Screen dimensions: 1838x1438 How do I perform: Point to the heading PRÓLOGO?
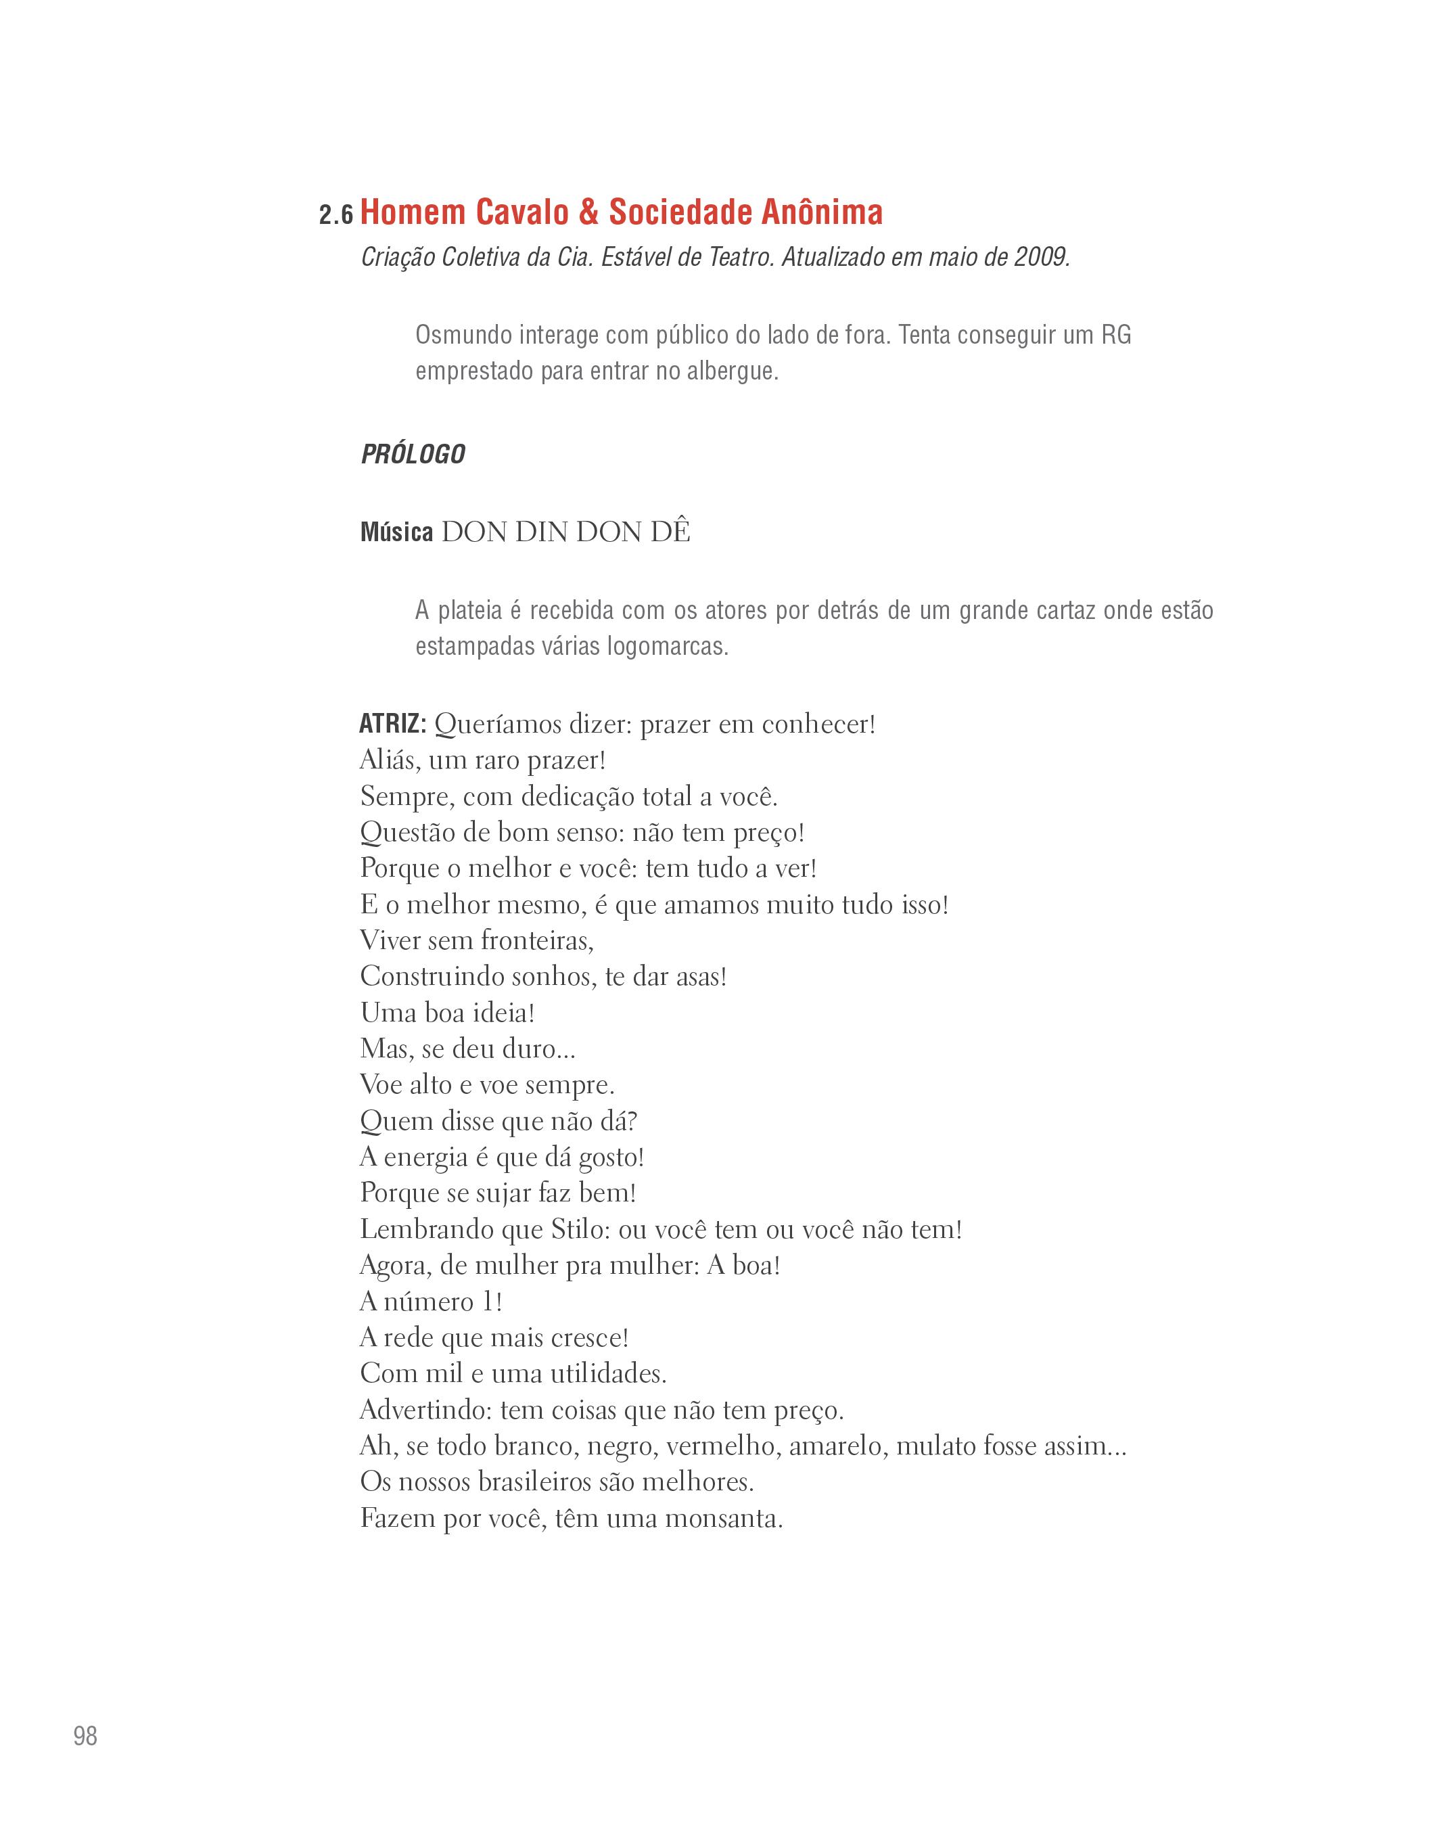click(413, 455)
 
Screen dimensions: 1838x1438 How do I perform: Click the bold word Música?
click(396, 533)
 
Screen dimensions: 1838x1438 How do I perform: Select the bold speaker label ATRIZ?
click(393, 723)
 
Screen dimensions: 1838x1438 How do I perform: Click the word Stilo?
click(578, 1229)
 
